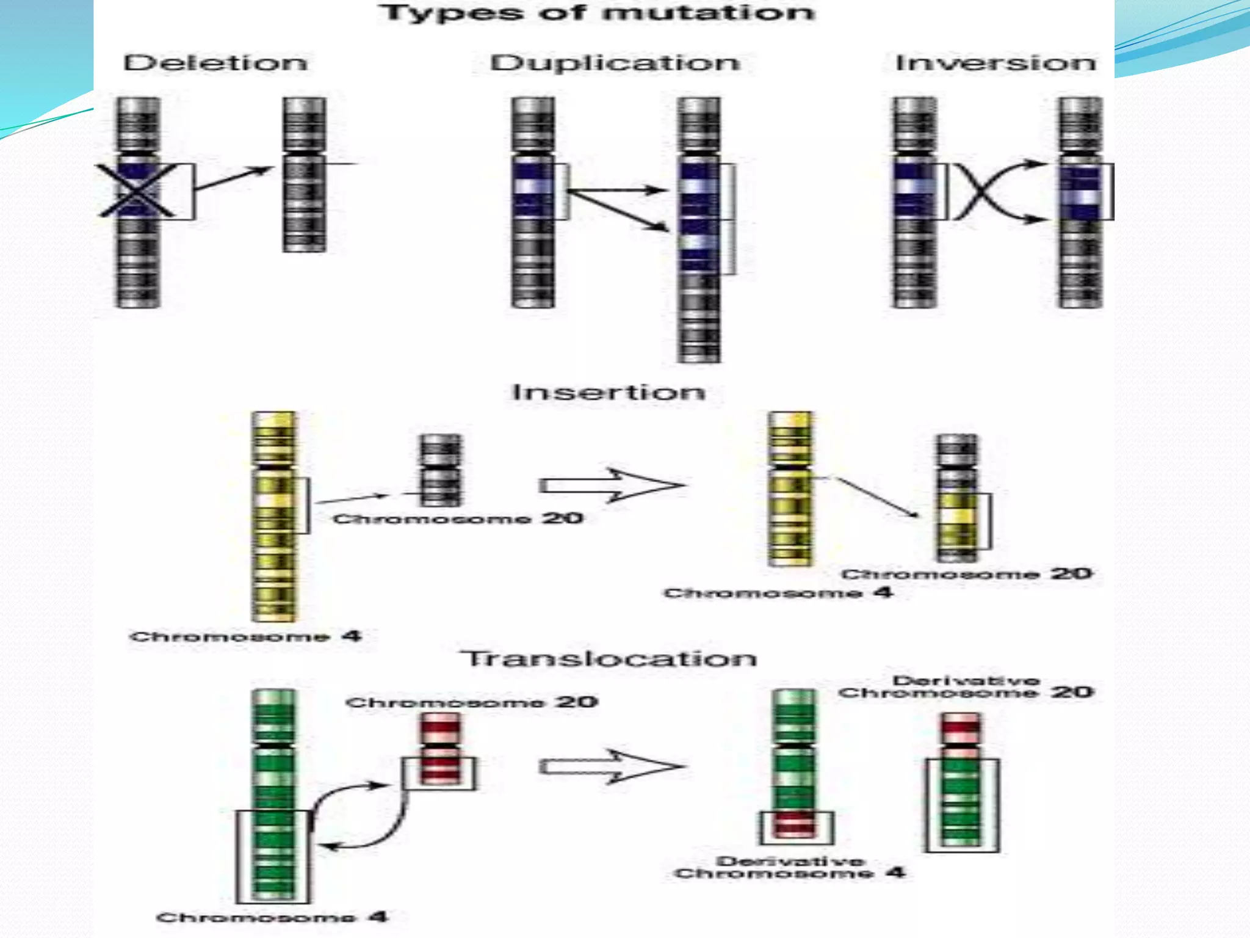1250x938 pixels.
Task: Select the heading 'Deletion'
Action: pos(215,63)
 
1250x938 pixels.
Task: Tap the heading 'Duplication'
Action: pos(615,63)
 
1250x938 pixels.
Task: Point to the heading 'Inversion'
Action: pos(995,63)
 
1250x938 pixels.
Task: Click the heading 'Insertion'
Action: pos(609,392)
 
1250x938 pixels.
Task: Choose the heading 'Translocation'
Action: pos(609,658)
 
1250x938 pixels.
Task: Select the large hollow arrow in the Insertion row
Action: pos(610,485)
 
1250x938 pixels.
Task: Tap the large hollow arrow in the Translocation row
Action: pos(610,766)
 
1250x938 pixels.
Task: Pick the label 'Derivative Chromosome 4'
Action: pos(790,867)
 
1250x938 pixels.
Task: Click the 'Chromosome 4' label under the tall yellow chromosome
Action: pos(245,636)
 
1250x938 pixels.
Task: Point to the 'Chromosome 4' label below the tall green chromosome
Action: pos(272,917)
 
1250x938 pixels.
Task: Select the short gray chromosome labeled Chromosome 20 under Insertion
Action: pos(439,470)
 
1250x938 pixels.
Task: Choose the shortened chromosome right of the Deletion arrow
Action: pos(304,175)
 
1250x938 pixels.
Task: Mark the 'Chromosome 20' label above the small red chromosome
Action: pos(471,702)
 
